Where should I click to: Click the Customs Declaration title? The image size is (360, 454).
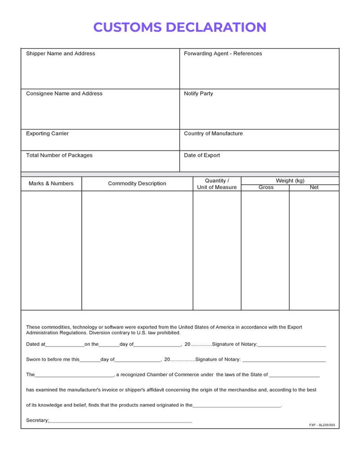180,27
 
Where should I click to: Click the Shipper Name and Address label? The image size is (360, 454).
60,54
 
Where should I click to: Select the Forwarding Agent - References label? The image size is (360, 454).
223,54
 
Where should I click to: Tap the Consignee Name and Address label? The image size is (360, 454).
64,94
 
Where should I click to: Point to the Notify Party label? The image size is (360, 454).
198,94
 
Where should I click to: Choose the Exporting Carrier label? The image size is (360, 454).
47,134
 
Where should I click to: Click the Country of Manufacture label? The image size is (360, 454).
213,134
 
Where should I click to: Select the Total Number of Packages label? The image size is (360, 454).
59,155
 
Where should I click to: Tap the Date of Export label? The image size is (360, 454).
202,155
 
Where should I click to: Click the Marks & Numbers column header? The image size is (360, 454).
51,184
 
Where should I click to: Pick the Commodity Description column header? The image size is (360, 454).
137,184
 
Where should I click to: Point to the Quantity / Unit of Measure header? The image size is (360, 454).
216,184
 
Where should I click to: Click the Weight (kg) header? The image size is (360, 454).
290,180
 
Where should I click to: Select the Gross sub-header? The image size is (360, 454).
266,187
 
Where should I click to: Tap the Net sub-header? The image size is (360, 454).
314,187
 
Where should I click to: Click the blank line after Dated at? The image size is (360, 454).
65,345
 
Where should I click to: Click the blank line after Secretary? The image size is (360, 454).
121,422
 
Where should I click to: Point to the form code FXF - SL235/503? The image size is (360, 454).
322,425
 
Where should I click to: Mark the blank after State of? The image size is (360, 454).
294,375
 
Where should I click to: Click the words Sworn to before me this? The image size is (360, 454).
52,360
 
